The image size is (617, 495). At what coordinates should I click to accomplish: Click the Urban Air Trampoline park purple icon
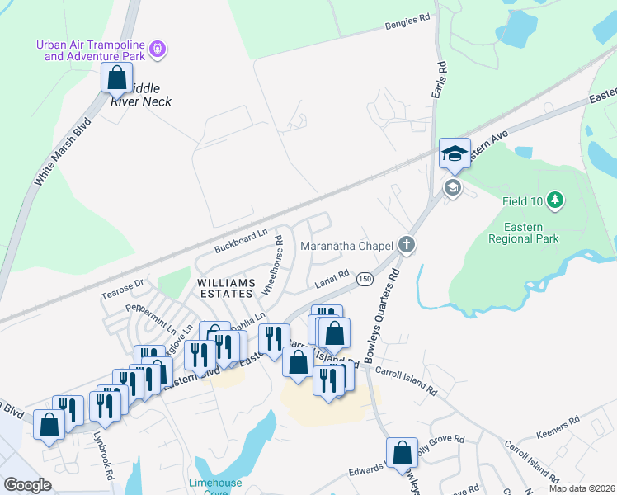[x=158, y=51]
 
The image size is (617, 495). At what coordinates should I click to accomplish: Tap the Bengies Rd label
[x=407, y=26]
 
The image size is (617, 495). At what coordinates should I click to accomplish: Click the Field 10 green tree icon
[x=556, y=200]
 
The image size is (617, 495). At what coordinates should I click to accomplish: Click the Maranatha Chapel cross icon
[x=405, y=244]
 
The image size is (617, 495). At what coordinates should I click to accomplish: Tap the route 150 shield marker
[x=363, y=280]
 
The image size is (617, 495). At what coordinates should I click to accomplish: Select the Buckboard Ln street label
[x=241, y=240]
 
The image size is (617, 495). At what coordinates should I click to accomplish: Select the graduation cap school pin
[x=455, y=153]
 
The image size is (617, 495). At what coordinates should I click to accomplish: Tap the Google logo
[x=27, y=485]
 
